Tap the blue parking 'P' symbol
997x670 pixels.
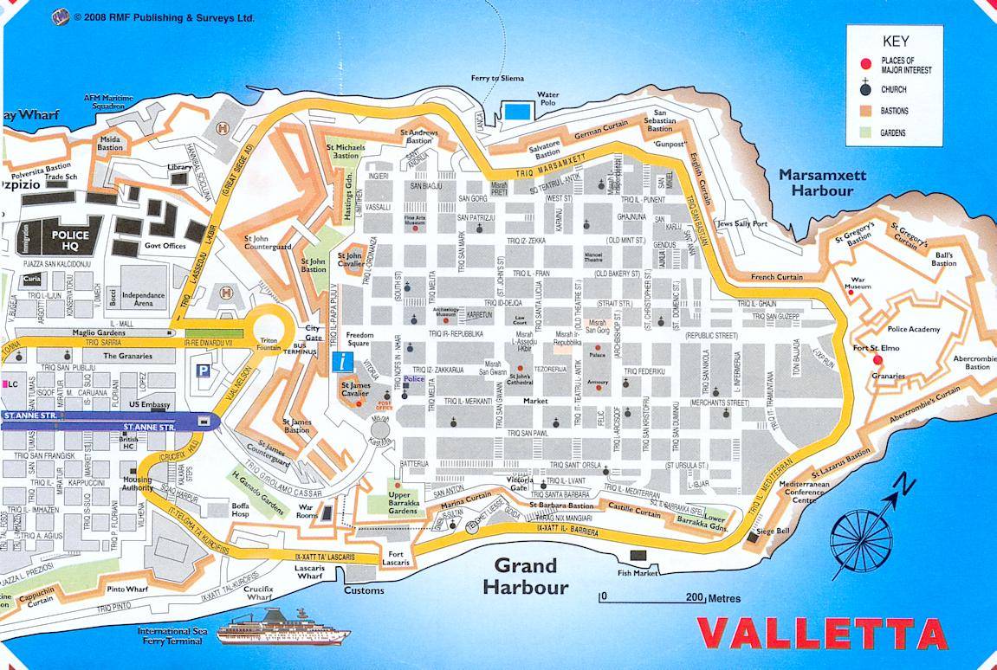[x=204, y=370]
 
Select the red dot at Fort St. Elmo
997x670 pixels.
[x=877, y=359]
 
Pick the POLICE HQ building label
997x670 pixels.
[x=70, y=240]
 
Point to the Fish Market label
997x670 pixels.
[x=638, y=571]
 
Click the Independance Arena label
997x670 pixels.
[x=142, y=300]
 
